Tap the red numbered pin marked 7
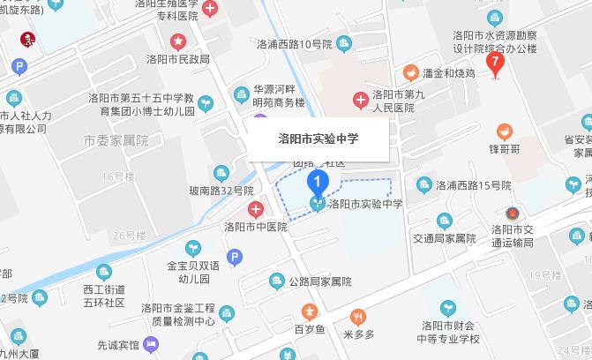[x=496, y=63]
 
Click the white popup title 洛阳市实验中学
[x=318, y=139]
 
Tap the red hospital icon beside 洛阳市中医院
[x=255, y=209]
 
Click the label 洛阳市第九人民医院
[x=393, y=101]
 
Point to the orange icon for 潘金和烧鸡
[x=410, y=71]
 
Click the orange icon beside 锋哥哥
[x=504, y=131]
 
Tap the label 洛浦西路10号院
[x=294, y=43]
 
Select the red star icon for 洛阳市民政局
[x=179, y=41]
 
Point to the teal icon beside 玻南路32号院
[x=220, y=172]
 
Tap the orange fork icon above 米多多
[x=358, y=315]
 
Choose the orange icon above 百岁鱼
[x=309, y=311]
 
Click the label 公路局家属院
[x=320, y=281]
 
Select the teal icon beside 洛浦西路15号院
[x=422, y=184]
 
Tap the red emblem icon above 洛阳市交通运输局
[x=513, y=213]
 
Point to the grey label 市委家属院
[x=116, y=140]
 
